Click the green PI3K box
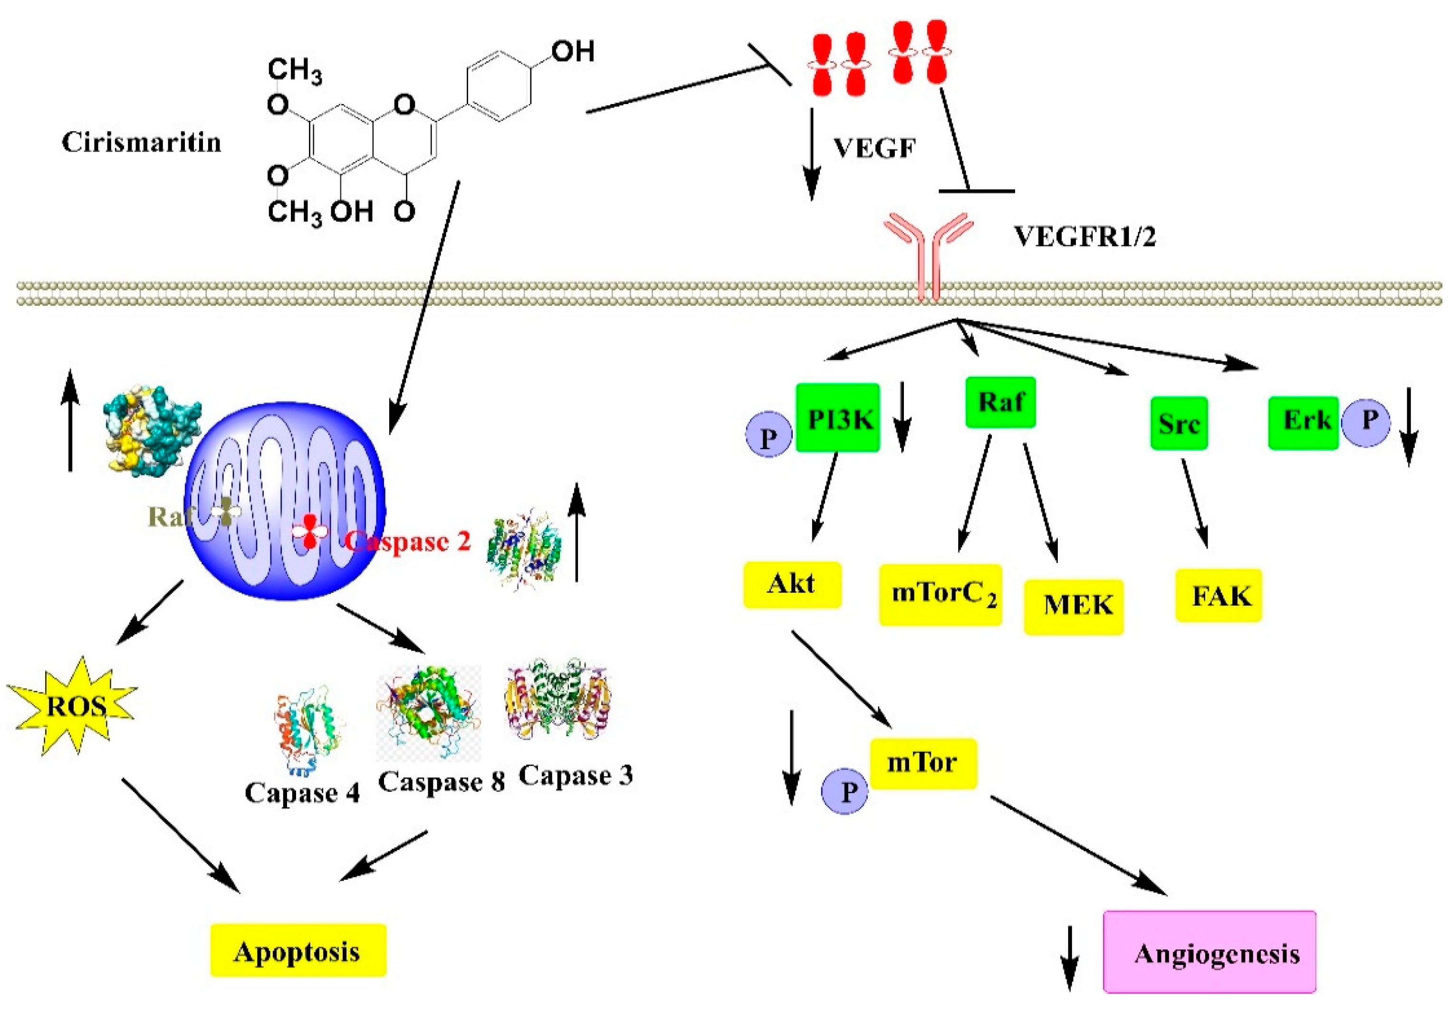pyautogui.click(x=837, y=418)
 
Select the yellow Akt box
pyautogui.click(x=792, y=584)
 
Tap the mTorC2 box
pyautogui.click(x=940, y=595)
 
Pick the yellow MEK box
pyautogui.click(x=1074, y=606)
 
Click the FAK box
pyautogui.click(x=1219, y=596)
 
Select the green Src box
pyautogui.click(x=1179, y=423)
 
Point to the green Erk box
pyautogui.click(x=1303, y=422)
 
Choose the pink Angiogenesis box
pyautogui.click(x=1209, y=951)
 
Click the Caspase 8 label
pyautogui.click(x=441, y=781)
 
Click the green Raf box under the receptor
pyautogui.click(x=1000, y=402)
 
